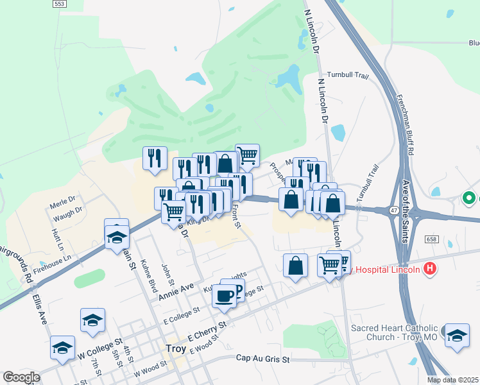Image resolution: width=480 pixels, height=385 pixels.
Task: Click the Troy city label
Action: (x=175, y=349)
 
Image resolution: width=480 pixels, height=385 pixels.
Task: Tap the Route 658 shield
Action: (x=431, y=239)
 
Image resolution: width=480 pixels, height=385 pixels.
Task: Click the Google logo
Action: (x=21, y=377)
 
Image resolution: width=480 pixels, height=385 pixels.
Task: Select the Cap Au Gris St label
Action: (x=263, y=358)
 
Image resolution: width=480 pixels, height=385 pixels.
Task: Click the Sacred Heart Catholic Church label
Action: (x=394, y=332)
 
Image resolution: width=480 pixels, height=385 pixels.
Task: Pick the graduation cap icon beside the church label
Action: (x=457, y=335)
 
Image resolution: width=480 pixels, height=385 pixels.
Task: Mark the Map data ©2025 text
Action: (x=453, y=380)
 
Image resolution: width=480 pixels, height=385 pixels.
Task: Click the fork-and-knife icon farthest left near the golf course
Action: (x=155, y=158)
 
